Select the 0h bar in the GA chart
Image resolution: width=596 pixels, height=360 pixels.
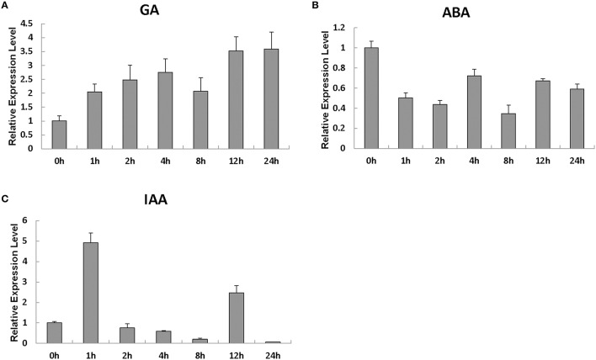[59, 135]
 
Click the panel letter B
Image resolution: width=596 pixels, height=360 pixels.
[316, 6]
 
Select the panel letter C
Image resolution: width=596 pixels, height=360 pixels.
[6, 199]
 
